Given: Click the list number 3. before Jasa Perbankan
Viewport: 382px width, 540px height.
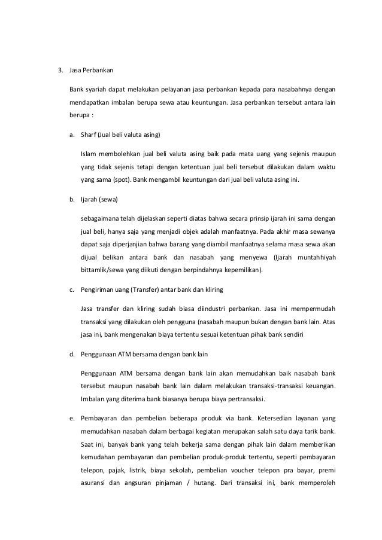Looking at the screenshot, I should pos(60,70).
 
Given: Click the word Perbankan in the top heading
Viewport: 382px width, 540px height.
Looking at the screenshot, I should pos(94,70).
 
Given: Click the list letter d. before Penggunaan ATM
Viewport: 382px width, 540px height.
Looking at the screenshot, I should pos(72,354).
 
